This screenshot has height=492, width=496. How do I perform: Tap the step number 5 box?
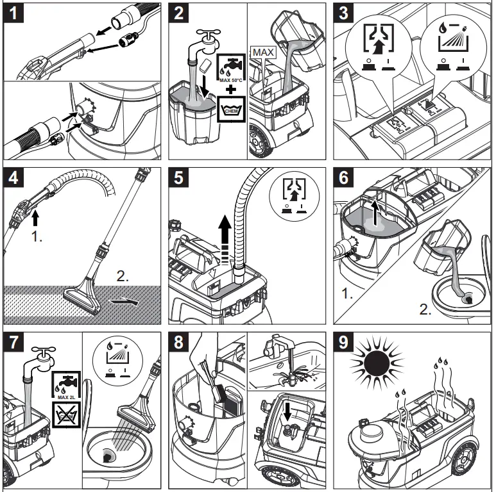click(180, 178)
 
